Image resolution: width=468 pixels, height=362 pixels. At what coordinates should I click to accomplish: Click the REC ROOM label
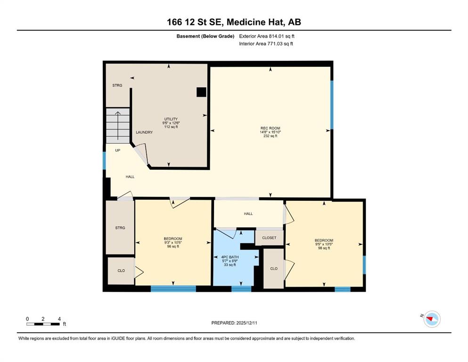pos(270,128)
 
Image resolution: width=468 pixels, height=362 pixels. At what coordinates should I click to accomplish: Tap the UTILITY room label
pos(171,119)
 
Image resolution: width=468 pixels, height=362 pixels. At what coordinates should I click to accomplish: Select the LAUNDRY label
pos(144,132)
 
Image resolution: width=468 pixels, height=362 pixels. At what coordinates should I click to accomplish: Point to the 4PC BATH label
pos(230,257)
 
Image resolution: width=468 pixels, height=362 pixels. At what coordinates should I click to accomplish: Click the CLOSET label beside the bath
pos(269,238)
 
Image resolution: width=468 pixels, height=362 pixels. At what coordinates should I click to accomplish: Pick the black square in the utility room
pos(201,92)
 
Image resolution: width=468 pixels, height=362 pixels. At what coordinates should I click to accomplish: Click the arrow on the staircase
pos(118,126)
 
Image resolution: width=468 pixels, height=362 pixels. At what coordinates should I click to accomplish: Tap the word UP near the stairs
pos(118,150)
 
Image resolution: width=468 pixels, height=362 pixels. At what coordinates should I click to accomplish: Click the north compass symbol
pos(432,319)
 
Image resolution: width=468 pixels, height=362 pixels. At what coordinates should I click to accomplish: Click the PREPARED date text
pos(234,323)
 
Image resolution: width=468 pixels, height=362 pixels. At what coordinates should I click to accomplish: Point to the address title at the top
pos(234,22)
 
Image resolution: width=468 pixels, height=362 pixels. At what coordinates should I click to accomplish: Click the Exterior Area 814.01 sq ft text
pos(267,36)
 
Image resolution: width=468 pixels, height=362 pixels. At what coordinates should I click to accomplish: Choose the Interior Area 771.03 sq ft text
pos(266,43)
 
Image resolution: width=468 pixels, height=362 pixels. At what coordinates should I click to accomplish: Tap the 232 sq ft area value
pos(270,136)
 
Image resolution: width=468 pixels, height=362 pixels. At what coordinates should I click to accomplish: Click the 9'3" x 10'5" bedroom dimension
pos(173,243)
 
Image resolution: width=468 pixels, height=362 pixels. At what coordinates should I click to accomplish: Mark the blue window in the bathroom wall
pos(241,288)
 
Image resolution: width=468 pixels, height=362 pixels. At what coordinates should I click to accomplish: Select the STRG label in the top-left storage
pos(117,85)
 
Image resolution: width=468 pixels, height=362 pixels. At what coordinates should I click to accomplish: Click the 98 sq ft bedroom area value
pos(324,248)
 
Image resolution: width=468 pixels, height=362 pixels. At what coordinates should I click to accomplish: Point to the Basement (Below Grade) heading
pos(205,36)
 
